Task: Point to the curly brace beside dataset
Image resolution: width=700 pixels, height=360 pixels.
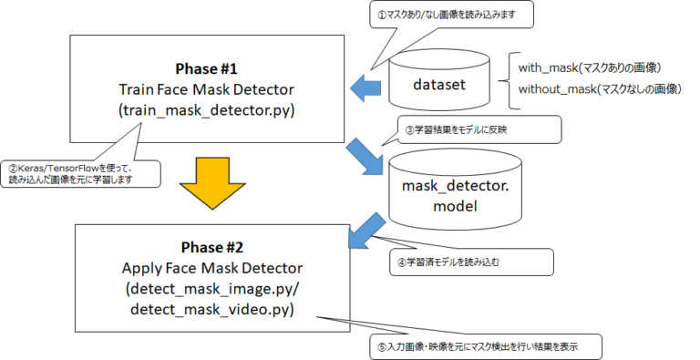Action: point(504,79)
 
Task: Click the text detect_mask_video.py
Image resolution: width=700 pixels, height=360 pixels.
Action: point(211,309)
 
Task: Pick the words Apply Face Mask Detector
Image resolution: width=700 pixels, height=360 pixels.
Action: point(211,270)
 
